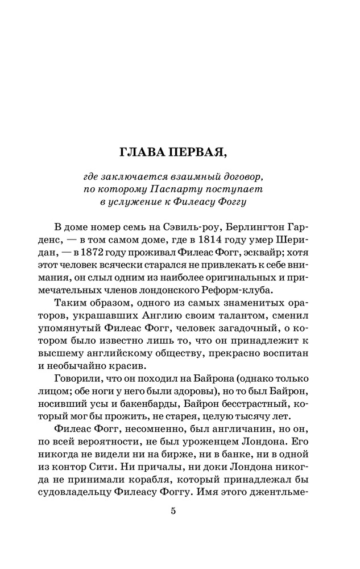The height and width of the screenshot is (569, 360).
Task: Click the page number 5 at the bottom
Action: click(174, 510)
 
